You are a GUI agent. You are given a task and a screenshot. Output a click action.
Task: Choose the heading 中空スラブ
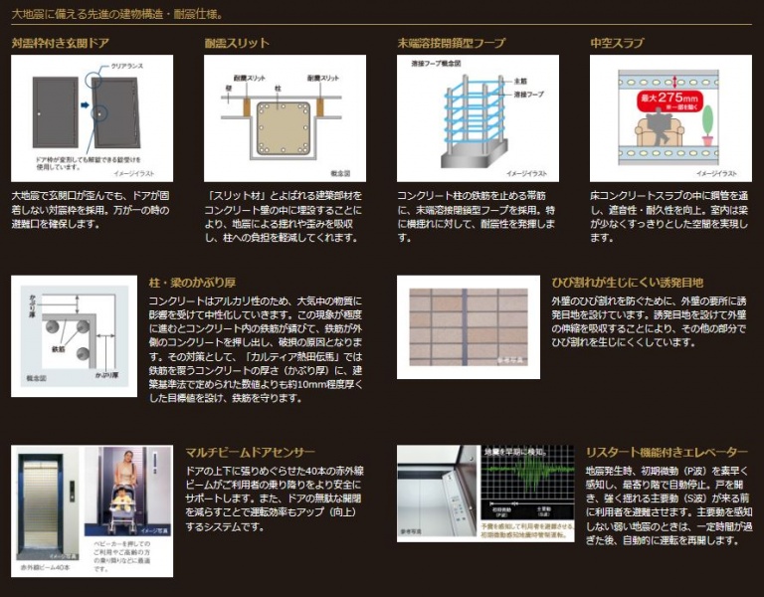[x=617, y=44]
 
